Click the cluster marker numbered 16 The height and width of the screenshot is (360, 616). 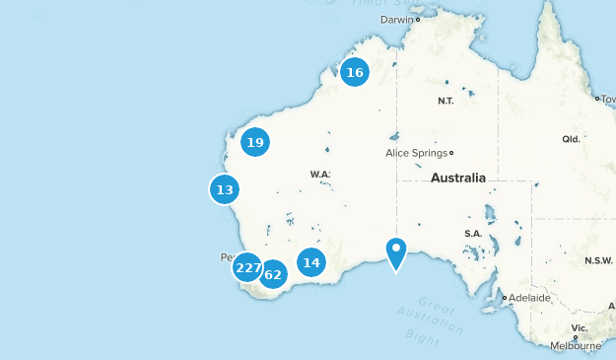355,72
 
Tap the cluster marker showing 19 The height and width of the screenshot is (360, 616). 255,143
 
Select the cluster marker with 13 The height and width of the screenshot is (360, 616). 225,189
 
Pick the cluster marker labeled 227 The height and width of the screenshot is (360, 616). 247,267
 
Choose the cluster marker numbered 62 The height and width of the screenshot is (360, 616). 273,274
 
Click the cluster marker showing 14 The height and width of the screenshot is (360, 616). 311,262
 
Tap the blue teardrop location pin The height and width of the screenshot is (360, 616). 396,252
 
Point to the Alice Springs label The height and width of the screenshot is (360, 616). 415,153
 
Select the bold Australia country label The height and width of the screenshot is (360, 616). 458,179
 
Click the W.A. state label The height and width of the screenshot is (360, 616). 320,175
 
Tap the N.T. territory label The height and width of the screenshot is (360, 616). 446,102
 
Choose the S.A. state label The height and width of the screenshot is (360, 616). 472,234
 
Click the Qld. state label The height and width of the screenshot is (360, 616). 571,139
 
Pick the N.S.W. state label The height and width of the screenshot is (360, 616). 598,260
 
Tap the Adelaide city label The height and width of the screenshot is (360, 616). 529,297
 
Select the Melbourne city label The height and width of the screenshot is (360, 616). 576,346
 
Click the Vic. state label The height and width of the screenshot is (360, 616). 581,327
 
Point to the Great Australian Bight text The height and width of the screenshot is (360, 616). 434,320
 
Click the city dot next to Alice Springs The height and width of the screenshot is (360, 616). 450,153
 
